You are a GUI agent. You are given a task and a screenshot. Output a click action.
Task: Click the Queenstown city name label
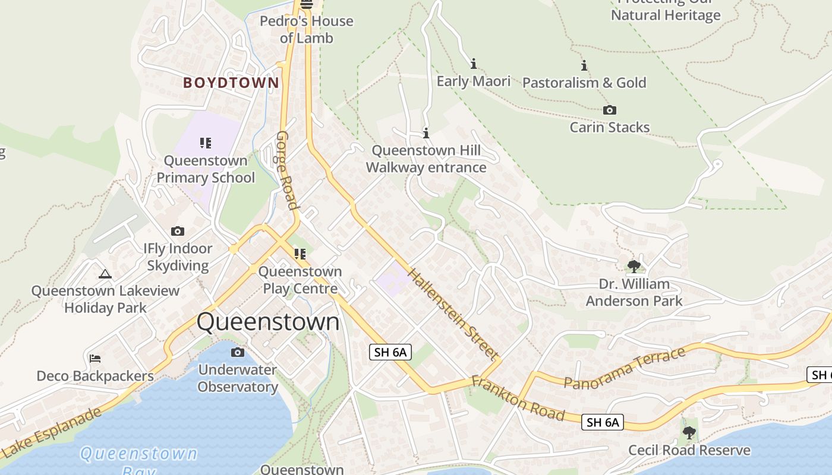pos(268,322)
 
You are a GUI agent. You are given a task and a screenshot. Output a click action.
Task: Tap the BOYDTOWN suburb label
pos(231,83)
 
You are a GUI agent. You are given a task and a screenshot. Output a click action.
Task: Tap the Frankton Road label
pos(518,398)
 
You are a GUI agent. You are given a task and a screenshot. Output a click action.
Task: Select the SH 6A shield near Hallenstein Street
pos(390,352)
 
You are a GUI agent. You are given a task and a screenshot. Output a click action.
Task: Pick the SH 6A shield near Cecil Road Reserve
pos(603,422)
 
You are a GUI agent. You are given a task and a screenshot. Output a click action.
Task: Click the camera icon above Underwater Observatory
pos(237,353)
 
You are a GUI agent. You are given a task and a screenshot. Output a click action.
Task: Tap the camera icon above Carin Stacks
pos(609,110)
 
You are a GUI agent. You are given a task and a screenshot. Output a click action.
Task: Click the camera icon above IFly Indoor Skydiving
pos(177,231)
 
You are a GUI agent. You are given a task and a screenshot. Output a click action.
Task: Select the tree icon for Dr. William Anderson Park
pos(634,266)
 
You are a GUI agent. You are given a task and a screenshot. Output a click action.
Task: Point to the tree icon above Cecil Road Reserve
pos(689,433)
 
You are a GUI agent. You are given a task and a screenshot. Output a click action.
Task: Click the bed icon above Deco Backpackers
pos(94,359)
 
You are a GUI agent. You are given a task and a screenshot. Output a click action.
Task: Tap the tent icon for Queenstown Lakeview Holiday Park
pos(105,274)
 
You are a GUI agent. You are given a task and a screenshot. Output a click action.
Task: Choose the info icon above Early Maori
pos(474,64)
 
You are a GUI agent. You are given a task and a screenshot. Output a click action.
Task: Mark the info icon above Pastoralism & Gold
pos(584,65)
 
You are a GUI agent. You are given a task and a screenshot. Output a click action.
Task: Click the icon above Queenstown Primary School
pos(206,142)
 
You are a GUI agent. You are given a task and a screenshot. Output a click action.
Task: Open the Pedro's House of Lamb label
pos(307,29)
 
